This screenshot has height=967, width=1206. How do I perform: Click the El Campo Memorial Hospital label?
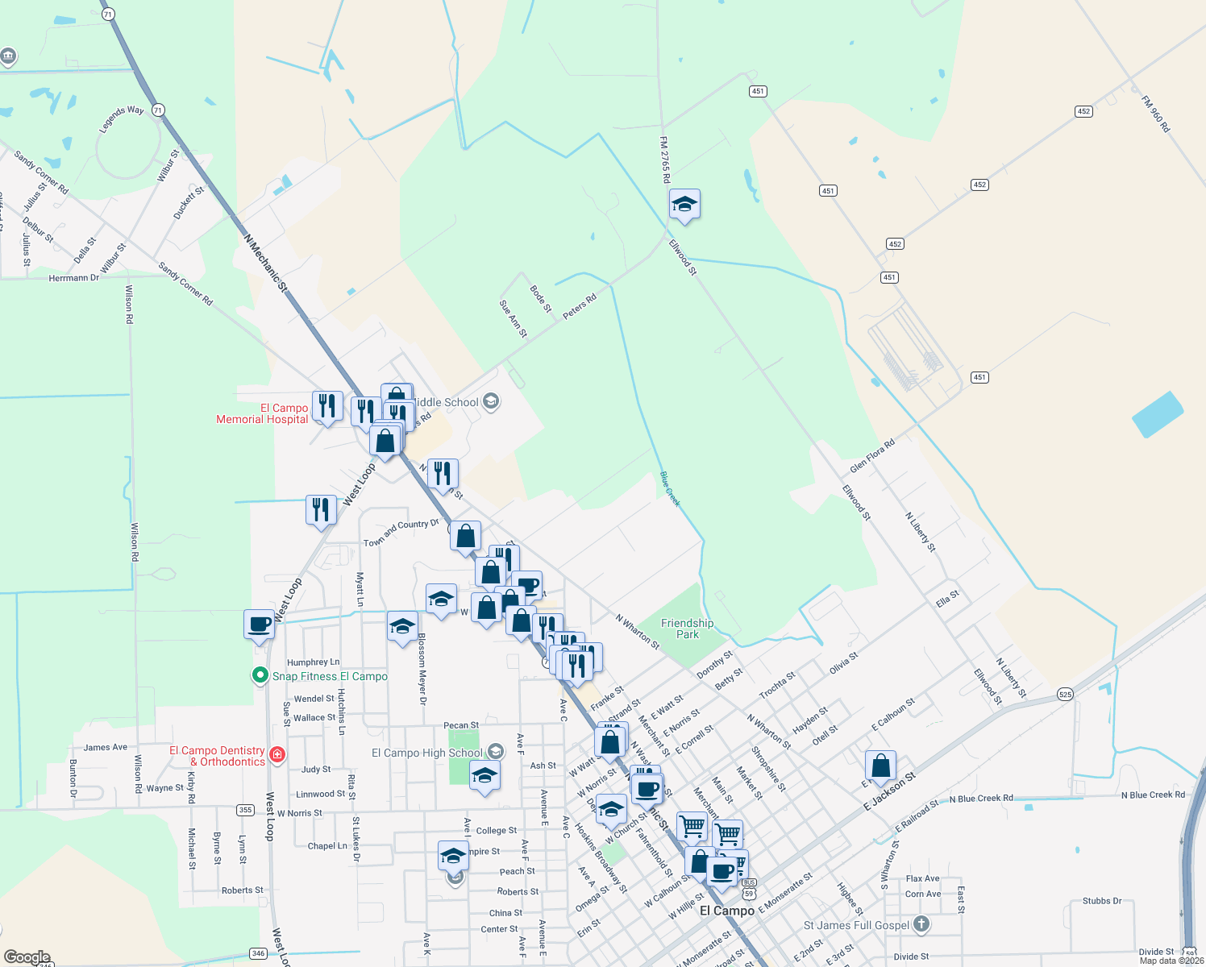tap(262, 413)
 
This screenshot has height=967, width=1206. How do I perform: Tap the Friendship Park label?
tap(687, 629)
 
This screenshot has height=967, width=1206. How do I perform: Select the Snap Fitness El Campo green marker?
tap(260, 675)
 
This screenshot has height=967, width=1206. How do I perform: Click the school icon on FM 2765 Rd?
tap(684, 205)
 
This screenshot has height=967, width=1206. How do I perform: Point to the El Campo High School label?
tap(426, 753)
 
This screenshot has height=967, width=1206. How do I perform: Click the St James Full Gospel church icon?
tap(921, 924)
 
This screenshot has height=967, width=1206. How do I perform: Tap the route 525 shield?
tap(1065, 694)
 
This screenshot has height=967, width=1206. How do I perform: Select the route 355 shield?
tap(245, 810)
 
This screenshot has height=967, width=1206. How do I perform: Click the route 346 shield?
tap(258, 953)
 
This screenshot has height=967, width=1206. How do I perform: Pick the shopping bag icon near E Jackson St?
tap(880, 766)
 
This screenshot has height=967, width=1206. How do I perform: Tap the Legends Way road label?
tap(122, 119)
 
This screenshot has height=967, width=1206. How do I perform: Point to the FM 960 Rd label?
tap(1155, 114)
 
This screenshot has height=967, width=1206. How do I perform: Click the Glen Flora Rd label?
tap(872, 456)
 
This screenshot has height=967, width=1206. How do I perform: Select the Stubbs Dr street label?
tap(1102, 901)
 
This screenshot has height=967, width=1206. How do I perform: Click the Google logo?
tap(27, 957)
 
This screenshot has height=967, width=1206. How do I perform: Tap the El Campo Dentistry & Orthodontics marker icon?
tap(277, 754)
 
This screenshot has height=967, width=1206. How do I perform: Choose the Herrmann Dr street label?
tap(73, 278)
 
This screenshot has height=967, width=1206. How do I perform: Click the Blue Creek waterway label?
tap(670, 489)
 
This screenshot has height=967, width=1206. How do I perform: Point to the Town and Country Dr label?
tap(401, 533)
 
